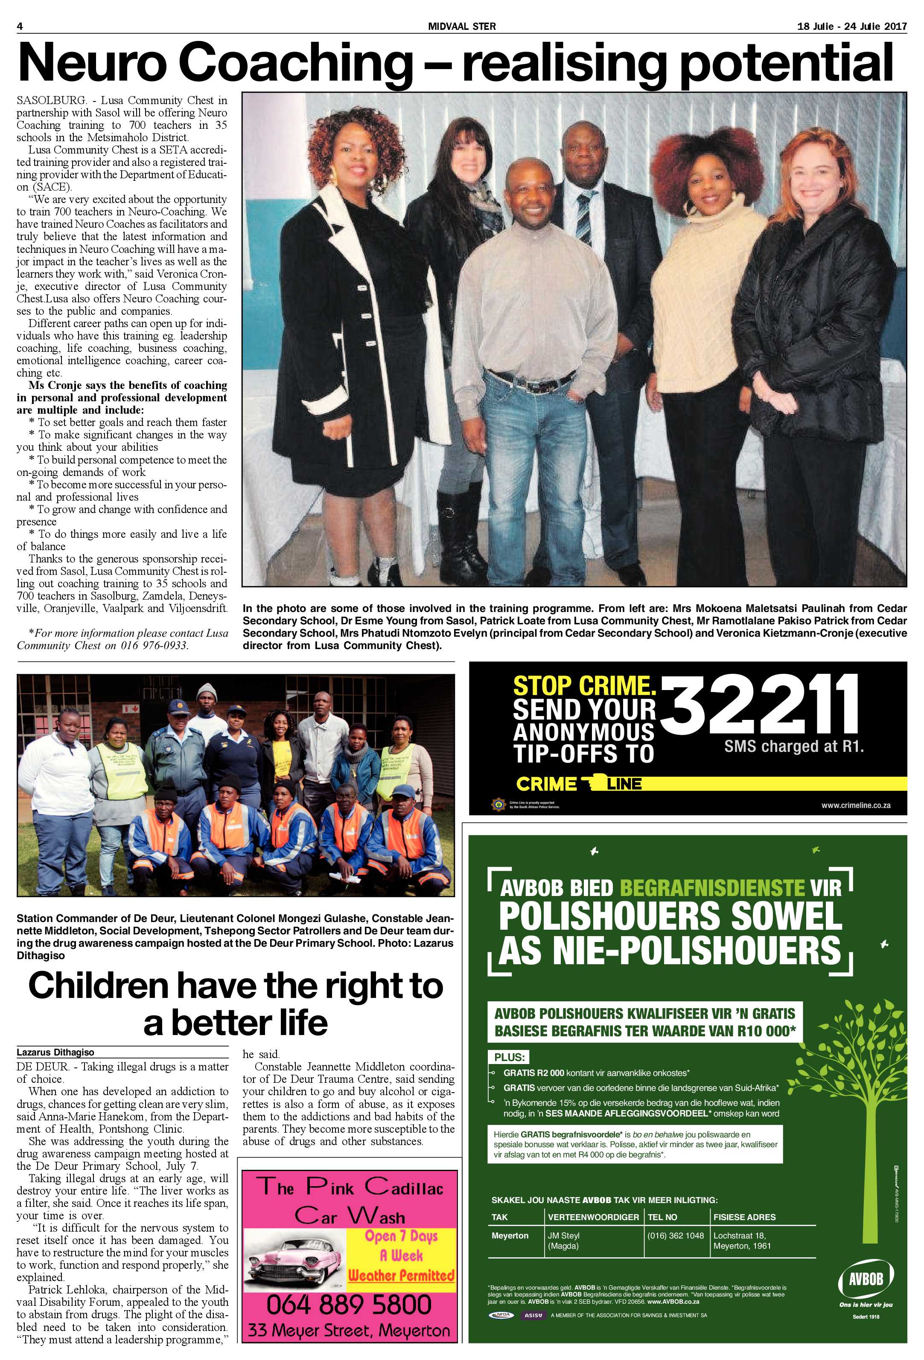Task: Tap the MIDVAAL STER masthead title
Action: pyautogui.click(x=461, y=26)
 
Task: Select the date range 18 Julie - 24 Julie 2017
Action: pyautogui.click(x=851, y=26)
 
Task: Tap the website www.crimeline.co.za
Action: pyautogui.click(x=855, y=805)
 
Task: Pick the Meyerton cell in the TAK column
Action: pyautogui.click(x=510, y=1235)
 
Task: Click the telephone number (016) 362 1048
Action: pyautogui.click(x=675, y=1235)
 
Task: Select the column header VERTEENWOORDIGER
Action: pyautogui.click(x=593, y=1217)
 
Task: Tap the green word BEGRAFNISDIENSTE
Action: pyautogui.click(x=711, y=888)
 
